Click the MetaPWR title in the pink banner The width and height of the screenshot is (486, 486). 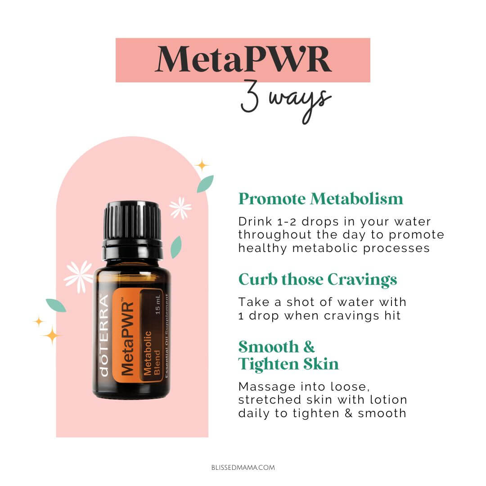[243, 59]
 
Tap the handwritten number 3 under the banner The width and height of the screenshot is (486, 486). [250, 96]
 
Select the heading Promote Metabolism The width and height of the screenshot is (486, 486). [320, 199]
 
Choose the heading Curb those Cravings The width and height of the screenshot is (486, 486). [318, 279]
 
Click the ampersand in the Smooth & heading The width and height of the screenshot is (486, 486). [309, 347]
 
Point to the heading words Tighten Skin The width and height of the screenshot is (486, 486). [288, 364]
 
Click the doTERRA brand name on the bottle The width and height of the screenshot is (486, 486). [104, 336]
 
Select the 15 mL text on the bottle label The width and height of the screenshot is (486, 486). [158, 305]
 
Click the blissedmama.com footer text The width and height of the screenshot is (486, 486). [243, 468]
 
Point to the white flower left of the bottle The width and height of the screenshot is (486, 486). [79, 277]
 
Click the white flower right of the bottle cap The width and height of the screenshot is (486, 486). [180, 208]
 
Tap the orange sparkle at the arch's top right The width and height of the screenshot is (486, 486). [202, 165]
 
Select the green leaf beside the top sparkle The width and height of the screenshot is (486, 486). [206, 184]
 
